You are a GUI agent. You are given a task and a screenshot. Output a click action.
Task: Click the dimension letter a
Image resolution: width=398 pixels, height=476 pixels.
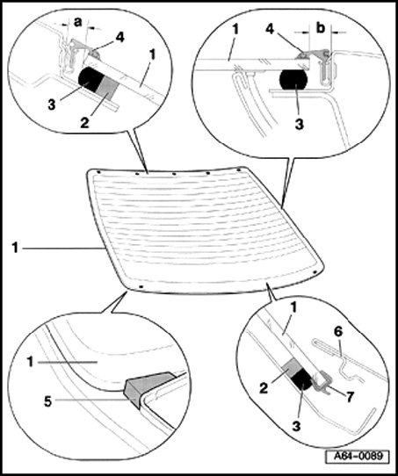coord(78,22)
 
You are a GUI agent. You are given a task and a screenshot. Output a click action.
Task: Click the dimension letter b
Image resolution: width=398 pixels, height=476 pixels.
coord(321,27)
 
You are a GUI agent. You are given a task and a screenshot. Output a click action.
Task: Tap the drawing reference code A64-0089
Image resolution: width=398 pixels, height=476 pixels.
coord(358,456)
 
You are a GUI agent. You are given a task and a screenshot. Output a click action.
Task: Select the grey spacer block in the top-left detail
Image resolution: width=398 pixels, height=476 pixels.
coord(107,86)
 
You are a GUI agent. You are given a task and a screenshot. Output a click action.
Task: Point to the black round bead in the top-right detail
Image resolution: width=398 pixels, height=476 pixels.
coord(293,80)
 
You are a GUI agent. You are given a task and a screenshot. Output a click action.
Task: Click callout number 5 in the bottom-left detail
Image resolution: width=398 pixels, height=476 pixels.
coord(48,401)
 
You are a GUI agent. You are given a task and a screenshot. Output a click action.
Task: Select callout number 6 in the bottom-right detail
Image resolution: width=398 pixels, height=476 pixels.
coord(338,332)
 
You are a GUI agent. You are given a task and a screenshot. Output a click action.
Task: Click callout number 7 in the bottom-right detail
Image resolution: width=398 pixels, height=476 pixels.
coord(350,397)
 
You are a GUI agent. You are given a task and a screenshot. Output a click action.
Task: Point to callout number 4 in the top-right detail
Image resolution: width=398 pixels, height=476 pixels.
coord(271,29)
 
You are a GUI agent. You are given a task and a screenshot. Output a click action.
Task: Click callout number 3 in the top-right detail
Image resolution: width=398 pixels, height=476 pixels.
coord(300,124)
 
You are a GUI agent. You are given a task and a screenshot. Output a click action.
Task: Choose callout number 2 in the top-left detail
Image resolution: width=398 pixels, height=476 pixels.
coord(84,123)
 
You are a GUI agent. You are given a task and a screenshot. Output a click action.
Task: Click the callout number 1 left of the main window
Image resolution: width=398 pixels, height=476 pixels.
coord(16,248)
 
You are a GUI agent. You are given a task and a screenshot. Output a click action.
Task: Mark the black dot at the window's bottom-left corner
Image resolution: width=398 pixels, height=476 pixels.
coord(141,286)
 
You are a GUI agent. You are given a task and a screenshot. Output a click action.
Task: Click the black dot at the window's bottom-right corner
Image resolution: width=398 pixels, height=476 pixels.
coord(315,271)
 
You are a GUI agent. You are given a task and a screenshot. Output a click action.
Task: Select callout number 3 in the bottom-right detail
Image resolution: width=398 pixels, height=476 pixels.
coord(297,426)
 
